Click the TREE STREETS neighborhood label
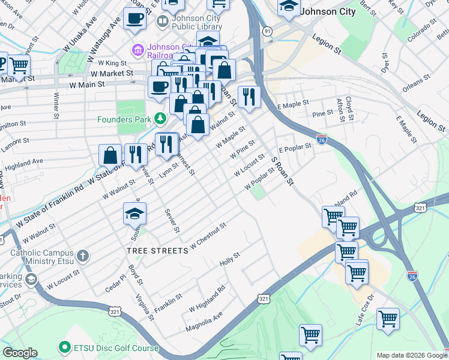(157, 250)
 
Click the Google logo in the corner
(20, 353)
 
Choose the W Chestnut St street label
(208, 236)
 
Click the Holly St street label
(229, 259)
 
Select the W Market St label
(111, 73)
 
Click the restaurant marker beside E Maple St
(249, 96)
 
